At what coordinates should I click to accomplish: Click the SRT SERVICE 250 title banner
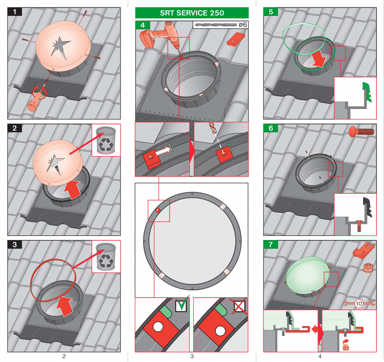click(192, 13)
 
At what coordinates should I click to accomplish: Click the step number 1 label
click(15, 12)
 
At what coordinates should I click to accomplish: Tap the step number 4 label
click(143, 25)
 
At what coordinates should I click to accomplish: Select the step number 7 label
click(271, 245)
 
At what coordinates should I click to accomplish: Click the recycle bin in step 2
click(106, 140)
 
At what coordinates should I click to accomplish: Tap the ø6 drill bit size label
click(243, 25)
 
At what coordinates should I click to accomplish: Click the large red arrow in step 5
click(321, 59)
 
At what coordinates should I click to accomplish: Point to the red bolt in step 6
click(361, 132)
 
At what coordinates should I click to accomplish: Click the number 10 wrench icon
click(359, 304)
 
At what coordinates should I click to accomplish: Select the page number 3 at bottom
click(192, 356)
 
